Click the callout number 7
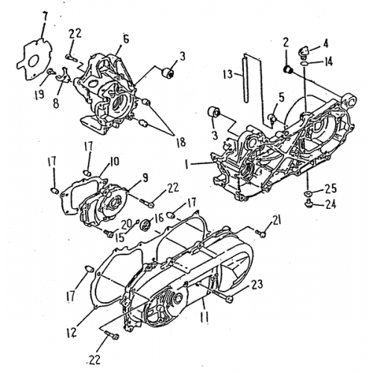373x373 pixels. click(26, 16)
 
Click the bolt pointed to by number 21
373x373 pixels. click(262, 233)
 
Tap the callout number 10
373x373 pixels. click(115, 160)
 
